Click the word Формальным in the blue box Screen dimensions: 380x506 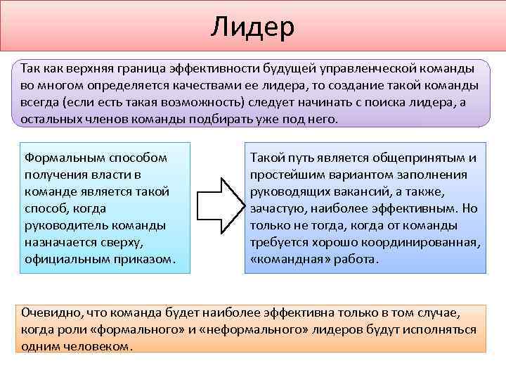click(x=58, y=157)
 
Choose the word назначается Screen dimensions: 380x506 click(x=59, y=242)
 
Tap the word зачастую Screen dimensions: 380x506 click(x=275, y=208)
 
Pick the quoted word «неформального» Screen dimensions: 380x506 click(x=248, y=329)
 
